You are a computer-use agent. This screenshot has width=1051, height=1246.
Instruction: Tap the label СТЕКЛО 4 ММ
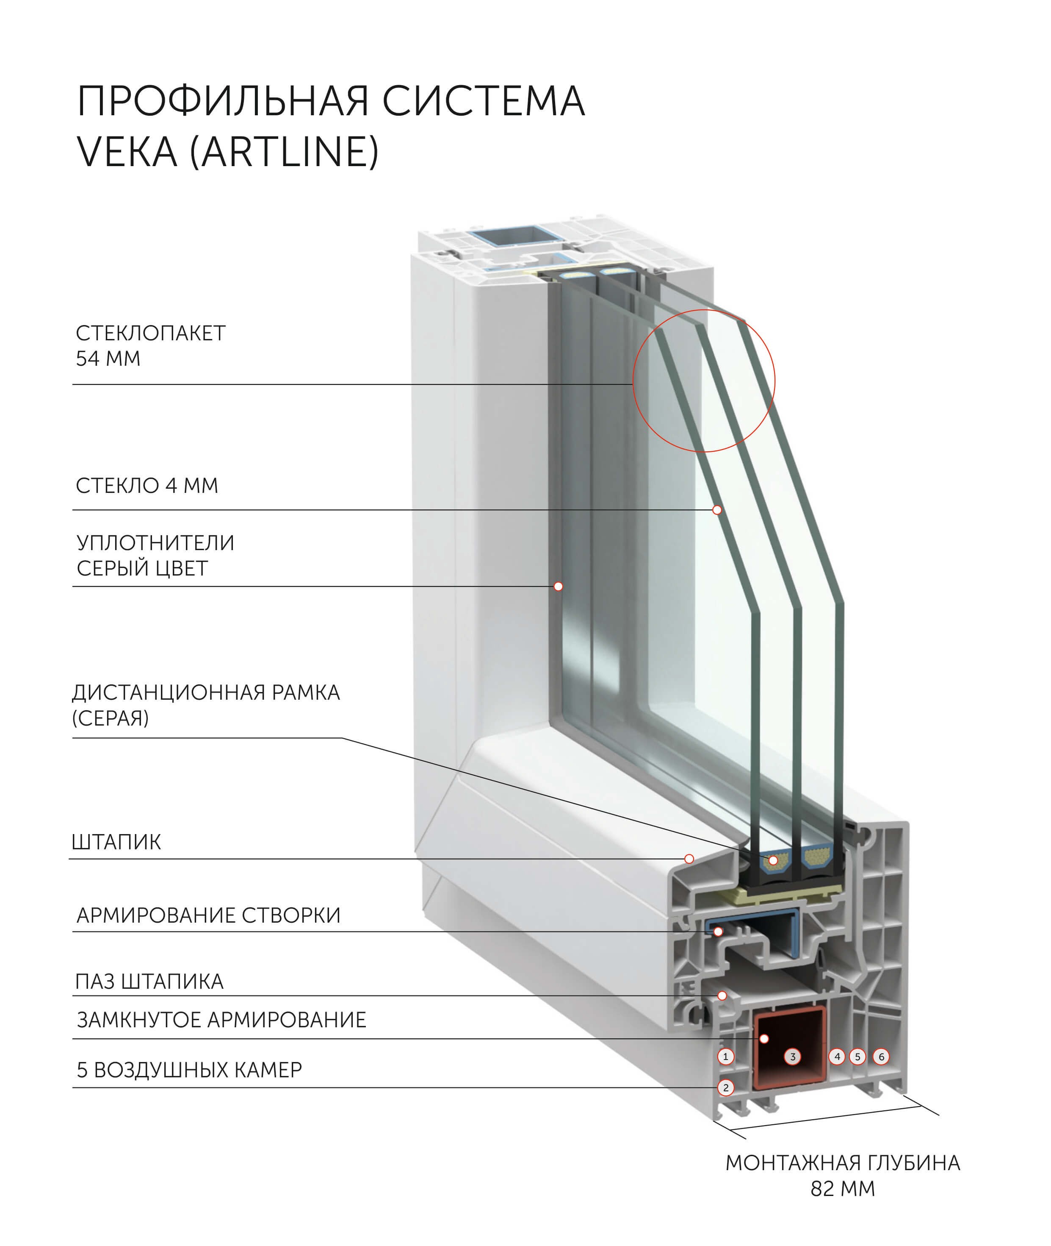tap(147, 486)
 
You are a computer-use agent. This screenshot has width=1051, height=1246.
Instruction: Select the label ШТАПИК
tap(116, 842)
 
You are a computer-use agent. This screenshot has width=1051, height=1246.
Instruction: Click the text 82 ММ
tap(843, 1205)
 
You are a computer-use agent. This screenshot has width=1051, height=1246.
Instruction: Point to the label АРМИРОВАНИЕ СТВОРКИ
tap(208, 915)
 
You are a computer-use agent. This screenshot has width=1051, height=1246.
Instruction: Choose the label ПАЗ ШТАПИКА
tap(149, 981)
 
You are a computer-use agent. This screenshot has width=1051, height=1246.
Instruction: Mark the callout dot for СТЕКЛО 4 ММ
tap(717, 510)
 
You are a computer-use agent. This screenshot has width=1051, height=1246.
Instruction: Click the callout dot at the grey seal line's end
tap(558, 586)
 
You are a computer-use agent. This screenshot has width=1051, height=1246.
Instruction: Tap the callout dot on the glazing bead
tap(689, 859)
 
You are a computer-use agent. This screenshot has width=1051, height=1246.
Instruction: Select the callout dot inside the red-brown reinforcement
tap(764, 1038)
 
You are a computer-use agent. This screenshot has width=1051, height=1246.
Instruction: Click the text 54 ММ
tap(108, 358)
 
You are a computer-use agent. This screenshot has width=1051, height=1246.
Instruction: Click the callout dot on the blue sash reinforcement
tap(719, 931)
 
